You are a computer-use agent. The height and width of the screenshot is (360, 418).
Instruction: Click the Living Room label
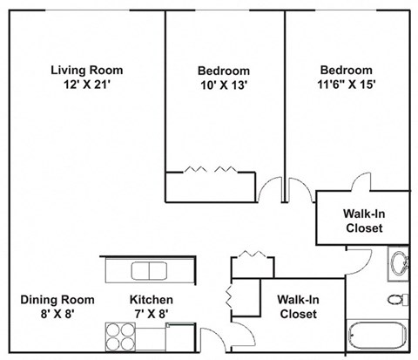click(x=86, y=70)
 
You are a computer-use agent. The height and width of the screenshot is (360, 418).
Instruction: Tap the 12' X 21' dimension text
click(x=86, y=85)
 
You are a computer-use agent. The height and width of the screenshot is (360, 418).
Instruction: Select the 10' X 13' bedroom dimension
click(x=224, y=85)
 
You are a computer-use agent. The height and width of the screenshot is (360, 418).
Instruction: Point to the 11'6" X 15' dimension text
click(x=346, y=85)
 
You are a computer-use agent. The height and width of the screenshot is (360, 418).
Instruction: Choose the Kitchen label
click(x=140, y=299)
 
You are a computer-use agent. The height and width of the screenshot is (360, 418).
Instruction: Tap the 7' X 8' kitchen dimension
click(x=140, y=314)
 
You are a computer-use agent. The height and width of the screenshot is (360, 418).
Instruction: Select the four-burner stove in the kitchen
click(x=120, y=334)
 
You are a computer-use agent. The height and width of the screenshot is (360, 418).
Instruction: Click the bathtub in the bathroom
click(x=379, y=336)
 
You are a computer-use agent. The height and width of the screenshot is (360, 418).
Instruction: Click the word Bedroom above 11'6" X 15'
click(x=346, y=71)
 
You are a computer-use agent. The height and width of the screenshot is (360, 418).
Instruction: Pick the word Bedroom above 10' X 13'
click(x=224, y=71)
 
